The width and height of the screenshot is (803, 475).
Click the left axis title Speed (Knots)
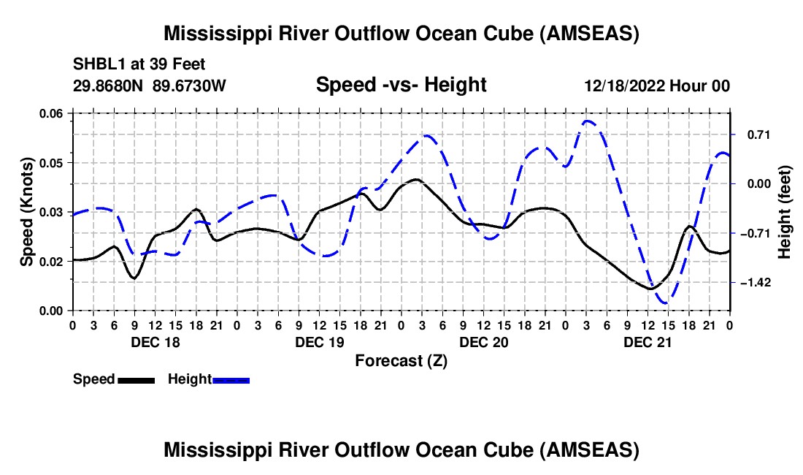click(27, 211)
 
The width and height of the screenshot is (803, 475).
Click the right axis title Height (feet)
click(785, 212)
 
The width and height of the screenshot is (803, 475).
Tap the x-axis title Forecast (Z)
click(401, 361)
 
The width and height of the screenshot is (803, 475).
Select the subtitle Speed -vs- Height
click(401, 85)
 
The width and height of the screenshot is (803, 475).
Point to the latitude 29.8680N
click(108, 85)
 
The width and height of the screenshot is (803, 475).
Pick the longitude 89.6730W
click(189, 85)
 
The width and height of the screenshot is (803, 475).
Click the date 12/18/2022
click(622, 85)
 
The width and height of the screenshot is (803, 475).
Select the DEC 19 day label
click(318, 341)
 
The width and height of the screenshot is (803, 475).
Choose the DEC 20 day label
click(483, 341)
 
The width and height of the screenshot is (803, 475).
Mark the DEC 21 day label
click(647, 341)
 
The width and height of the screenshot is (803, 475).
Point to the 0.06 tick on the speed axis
click(52, 113)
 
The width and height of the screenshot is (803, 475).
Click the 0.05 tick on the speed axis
click(52, 162)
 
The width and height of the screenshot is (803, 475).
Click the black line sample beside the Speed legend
click(136, 380)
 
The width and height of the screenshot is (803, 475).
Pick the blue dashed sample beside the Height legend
click(231, 380)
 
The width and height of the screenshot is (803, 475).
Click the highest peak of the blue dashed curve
click(588, 121)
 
